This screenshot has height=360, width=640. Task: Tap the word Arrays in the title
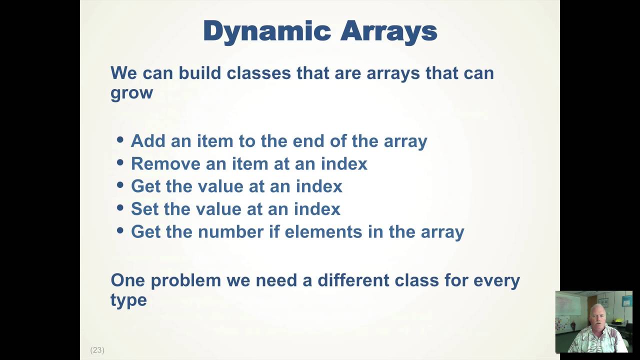pos(388,31)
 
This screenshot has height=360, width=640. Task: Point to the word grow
pos(131,93)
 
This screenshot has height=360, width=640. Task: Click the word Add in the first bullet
pos(148,141)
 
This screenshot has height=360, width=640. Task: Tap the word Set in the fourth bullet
pos(145,209)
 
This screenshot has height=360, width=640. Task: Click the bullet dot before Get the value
pos(120,185)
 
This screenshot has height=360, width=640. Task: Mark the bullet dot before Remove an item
pos(120,162)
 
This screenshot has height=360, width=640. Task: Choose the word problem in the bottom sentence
pos(186,280)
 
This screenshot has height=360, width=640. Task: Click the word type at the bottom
pos(128,300)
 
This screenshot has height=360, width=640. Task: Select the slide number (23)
pos(97,350)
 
